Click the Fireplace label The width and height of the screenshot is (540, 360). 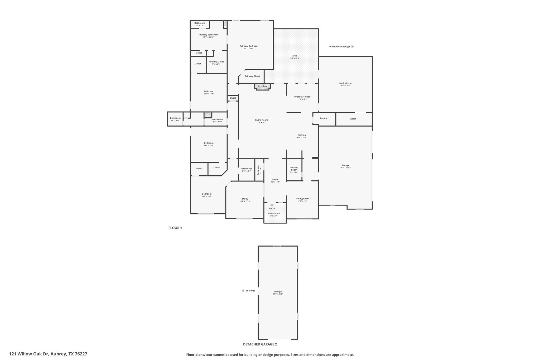(262, 86)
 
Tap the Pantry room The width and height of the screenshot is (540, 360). (324, 118)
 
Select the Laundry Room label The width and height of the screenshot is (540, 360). (294, 168)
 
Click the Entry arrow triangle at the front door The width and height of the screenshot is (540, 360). (272, 205)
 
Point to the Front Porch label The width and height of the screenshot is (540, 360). (274, 213)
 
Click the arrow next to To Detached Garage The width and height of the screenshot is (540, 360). (353, 46)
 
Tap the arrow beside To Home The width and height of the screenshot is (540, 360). (243, 291)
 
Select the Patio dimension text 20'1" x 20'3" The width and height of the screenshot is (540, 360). (294, 58)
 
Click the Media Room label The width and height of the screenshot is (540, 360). (345, 83)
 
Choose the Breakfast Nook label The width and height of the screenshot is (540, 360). (302, 97)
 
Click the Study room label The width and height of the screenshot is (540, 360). (245, 199)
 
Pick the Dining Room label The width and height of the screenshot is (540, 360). (302, 199)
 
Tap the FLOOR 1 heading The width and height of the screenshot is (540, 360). (175, 228)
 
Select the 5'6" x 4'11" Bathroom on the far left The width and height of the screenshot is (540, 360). (175, 119)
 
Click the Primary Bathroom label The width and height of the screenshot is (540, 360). (208, 35)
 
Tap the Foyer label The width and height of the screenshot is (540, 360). (275, 179)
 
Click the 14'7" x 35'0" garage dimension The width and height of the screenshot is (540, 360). (278, 294)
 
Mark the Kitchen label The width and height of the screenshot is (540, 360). (302, 135)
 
